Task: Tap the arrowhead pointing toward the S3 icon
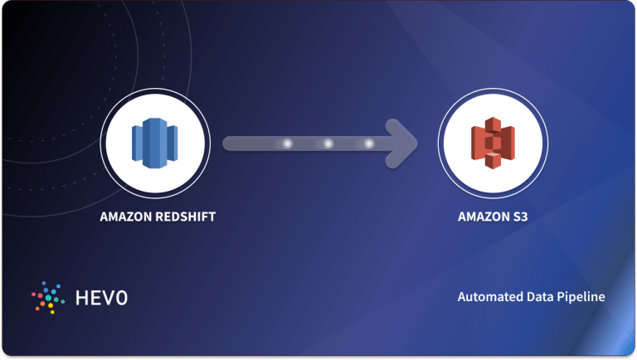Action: coord(405,144)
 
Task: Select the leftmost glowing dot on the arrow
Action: coord(288,144)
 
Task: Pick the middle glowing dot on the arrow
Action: coord(328,144)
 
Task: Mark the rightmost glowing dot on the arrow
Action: coord(368,144)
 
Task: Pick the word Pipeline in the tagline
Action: coord(581,296)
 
